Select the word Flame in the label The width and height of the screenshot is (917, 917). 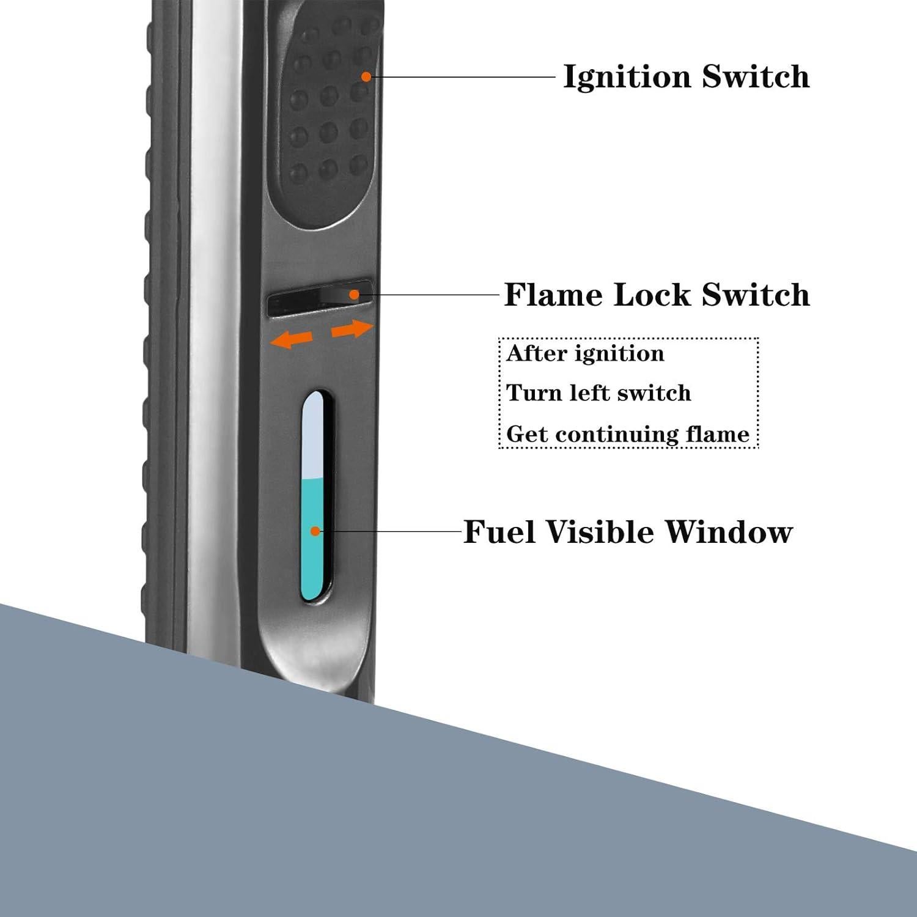pos(553,295)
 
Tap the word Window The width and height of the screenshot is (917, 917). pos(728,531)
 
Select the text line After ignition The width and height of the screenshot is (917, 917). pos(585,354)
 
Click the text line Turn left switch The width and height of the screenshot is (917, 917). pos(598,392)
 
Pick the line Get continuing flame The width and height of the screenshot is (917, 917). pos(628,434)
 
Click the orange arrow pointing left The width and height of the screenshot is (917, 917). pos(292,338)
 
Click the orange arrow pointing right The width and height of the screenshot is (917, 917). pos(352,330)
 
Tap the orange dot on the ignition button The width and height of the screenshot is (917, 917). pos(366,76)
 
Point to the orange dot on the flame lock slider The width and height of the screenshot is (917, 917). pos(353,294)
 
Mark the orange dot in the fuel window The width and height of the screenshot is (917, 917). pos(315,531)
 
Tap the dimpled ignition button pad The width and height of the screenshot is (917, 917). pos(324,110)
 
